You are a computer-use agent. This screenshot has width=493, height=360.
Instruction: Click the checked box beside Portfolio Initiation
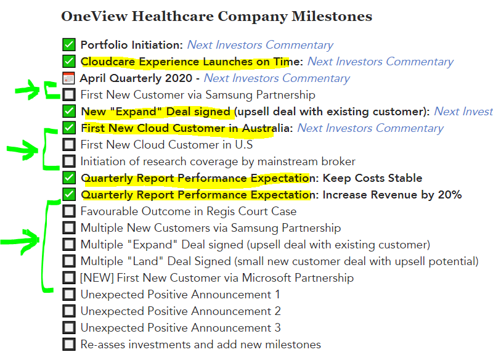(x=69, y=44)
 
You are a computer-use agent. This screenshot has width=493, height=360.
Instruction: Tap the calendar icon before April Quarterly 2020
(x=68, y=78)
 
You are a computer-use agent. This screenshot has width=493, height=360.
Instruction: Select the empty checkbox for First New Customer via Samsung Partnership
(x=69, y=95)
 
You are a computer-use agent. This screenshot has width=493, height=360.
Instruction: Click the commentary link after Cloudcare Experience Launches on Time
(x=380, y=62)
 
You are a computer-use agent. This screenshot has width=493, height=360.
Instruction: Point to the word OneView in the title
(x=94, y=16)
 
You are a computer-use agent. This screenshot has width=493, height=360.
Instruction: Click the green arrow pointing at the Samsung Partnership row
(x=28, y=90)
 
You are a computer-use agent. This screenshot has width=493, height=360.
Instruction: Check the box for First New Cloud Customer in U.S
(x=69, y=145)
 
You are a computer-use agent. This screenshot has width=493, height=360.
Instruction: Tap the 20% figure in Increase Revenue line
(x=450, y=195)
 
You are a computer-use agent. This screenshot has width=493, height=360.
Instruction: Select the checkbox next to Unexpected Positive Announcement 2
(x=69, y=311)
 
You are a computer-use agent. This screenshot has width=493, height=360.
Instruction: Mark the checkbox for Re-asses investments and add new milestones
(x=69, y=345)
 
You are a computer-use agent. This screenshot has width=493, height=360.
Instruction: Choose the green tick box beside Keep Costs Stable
(x=69, y=178)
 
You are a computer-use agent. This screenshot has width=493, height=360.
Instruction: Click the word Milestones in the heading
(x=332, y=16)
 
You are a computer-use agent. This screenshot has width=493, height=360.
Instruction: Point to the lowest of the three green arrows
(x=20, y=242)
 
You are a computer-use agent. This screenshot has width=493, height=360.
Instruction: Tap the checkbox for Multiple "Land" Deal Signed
(x=69, y=261)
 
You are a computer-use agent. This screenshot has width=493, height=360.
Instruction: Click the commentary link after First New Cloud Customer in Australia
(x=370, y=128)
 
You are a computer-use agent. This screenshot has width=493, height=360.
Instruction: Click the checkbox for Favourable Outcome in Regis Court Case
(x=69, y=211)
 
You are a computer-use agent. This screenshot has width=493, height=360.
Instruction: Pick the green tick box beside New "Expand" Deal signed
(x=69, y=112)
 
